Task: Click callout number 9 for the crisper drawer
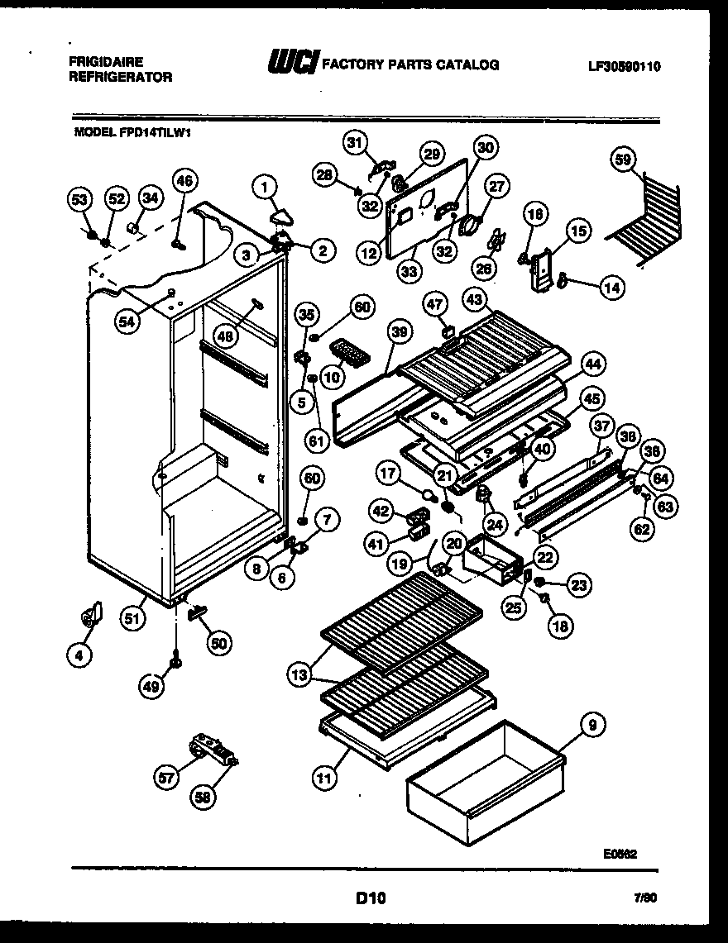click(592, 726)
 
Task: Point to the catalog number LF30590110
click(625, 68)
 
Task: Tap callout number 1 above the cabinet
click(265, 188)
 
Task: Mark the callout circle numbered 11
click(326, 776)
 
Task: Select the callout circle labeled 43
click(475, 298)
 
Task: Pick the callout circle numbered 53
click(78, 200)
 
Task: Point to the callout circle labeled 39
click(400, 331)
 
